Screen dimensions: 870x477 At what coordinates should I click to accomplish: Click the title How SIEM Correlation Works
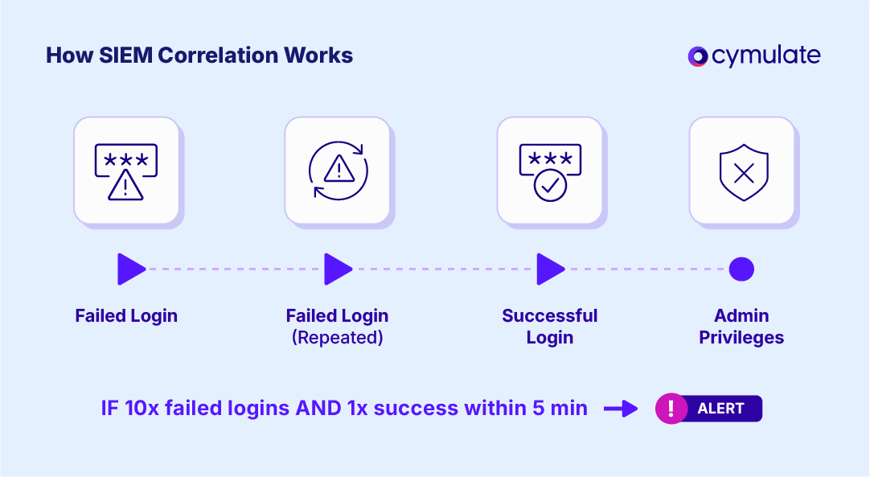point(199,56)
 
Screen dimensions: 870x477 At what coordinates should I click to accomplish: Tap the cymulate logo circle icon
point(697,56)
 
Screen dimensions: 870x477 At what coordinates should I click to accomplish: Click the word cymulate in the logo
point(765,56)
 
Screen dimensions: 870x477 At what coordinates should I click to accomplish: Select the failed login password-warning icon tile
point(126,171)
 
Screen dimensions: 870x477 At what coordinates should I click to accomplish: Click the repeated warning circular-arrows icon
point(338,170)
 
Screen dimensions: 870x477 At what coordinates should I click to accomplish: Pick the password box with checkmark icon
point(550,172)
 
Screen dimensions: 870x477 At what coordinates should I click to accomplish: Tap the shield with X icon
point(744,172)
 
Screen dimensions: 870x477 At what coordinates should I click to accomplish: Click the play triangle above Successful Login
point(551,269)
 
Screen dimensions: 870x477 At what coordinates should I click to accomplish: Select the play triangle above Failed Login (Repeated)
point(338,269)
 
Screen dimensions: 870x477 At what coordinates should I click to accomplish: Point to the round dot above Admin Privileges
point(741,269)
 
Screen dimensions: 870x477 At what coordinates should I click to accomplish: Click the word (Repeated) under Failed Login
point(338,338)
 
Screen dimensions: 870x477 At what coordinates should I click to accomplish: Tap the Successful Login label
point(550,327)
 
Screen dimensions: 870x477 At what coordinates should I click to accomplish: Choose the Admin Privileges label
point(741,327)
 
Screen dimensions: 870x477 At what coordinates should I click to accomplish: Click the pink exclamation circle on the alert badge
point(671,409)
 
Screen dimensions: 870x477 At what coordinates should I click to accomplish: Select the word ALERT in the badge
point(720,409)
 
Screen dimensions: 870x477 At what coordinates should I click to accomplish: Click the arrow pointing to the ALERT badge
point(621,409)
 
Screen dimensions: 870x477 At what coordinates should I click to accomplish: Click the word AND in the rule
point(318,408)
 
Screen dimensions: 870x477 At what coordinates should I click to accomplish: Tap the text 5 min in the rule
point(560,408)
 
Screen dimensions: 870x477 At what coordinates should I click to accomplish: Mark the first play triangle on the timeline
point(131,269)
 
